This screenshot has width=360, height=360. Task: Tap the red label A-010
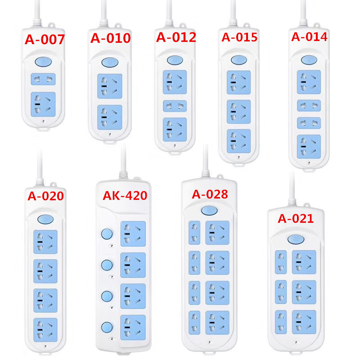(111, 38)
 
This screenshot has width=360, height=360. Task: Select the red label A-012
(176, 37)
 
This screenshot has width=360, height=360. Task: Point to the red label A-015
(239, 37)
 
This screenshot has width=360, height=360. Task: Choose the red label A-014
(309, 37)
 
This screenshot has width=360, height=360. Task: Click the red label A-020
(45, 196)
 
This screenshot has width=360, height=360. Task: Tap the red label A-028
(210, 194)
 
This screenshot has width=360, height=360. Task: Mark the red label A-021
(296, 219)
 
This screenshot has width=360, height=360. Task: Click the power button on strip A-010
(110, 62)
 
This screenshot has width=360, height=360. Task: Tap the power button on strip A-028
(209, 210)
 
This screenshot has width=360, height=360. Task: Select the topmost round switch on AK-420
(107, 233)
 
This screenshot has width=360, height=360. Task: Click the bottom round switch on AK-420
(107, 327)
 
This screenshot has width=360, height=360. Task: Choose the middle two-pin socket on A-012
(175, 106)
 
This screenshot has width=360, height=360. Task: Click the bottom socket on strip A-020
(45, 329)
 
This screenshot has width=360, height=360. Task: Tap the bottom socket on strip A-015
(239, 141)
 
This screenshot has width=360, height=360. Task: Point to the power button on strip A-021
(296, 239)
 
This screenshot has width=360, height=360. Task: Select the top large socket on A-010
(110, 85)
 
